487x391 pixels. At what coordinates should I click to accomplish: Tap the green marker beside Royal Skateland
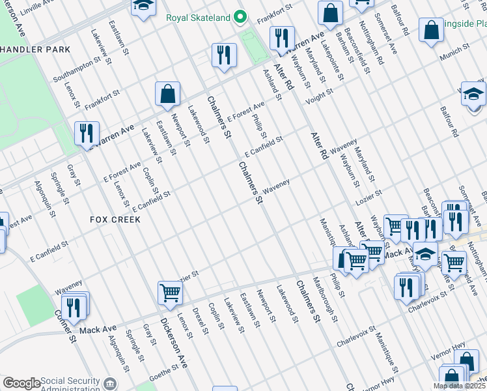coord(240,16)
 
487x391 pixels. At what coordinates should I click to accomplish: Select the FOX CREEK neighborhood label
coord(115,220)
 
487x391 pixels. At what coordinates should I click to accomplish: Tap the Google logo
coord(21,383)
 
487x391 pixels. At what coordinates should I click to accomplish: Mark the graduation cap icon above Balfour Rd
coord(473,94)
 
